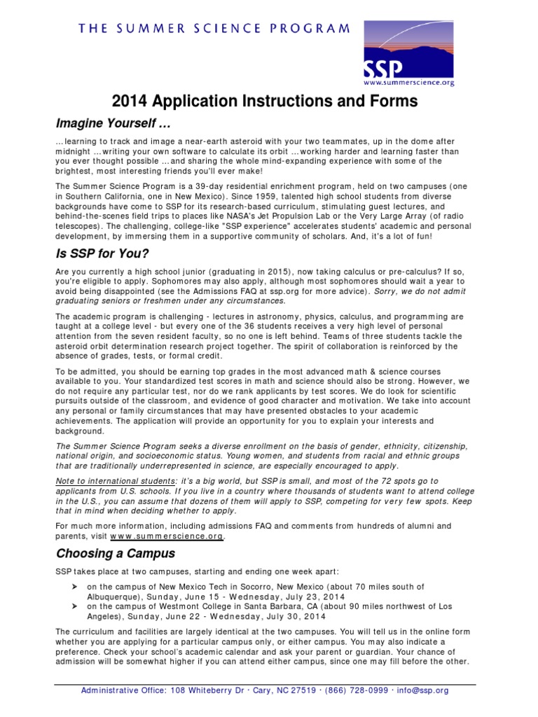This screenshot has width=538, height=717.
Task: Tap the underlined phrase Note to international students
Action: coord(115,481)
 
